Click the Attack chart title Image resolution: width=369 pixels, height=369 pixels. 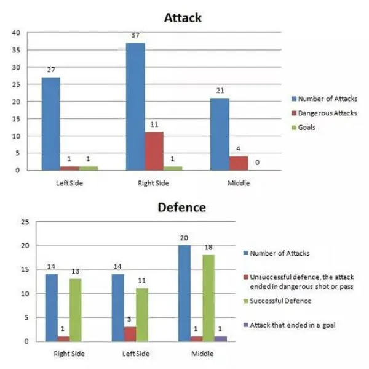point(183,18)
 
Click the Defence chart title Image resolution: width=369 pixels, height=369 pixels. point(182,208)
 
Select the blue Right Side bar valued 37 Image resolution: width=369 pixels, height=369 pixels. point(136,107)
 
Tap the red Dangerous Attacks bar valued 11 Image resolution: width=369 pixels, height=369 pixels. point(154,151)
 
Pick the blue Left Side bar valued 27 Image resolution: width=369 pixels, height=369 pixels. point(50,123)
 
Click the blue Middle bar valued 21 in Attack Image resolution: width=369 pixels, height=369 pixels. point(220,134)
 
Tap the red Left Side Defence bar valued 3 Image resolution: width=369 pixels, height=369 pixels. point(130,334)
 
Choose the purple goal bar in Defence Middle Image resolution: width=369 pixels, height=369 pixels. point(221,339)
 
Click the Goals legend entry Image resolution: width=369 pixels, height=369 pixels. point(309,128)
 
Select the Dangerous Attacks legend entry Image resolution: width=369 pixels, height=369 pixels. point(327,113)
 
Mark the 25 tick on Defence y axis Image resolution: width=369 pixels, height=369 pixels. point(25,222)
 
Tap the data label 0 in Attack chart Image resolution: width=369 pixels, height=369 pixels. point(257,163)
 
